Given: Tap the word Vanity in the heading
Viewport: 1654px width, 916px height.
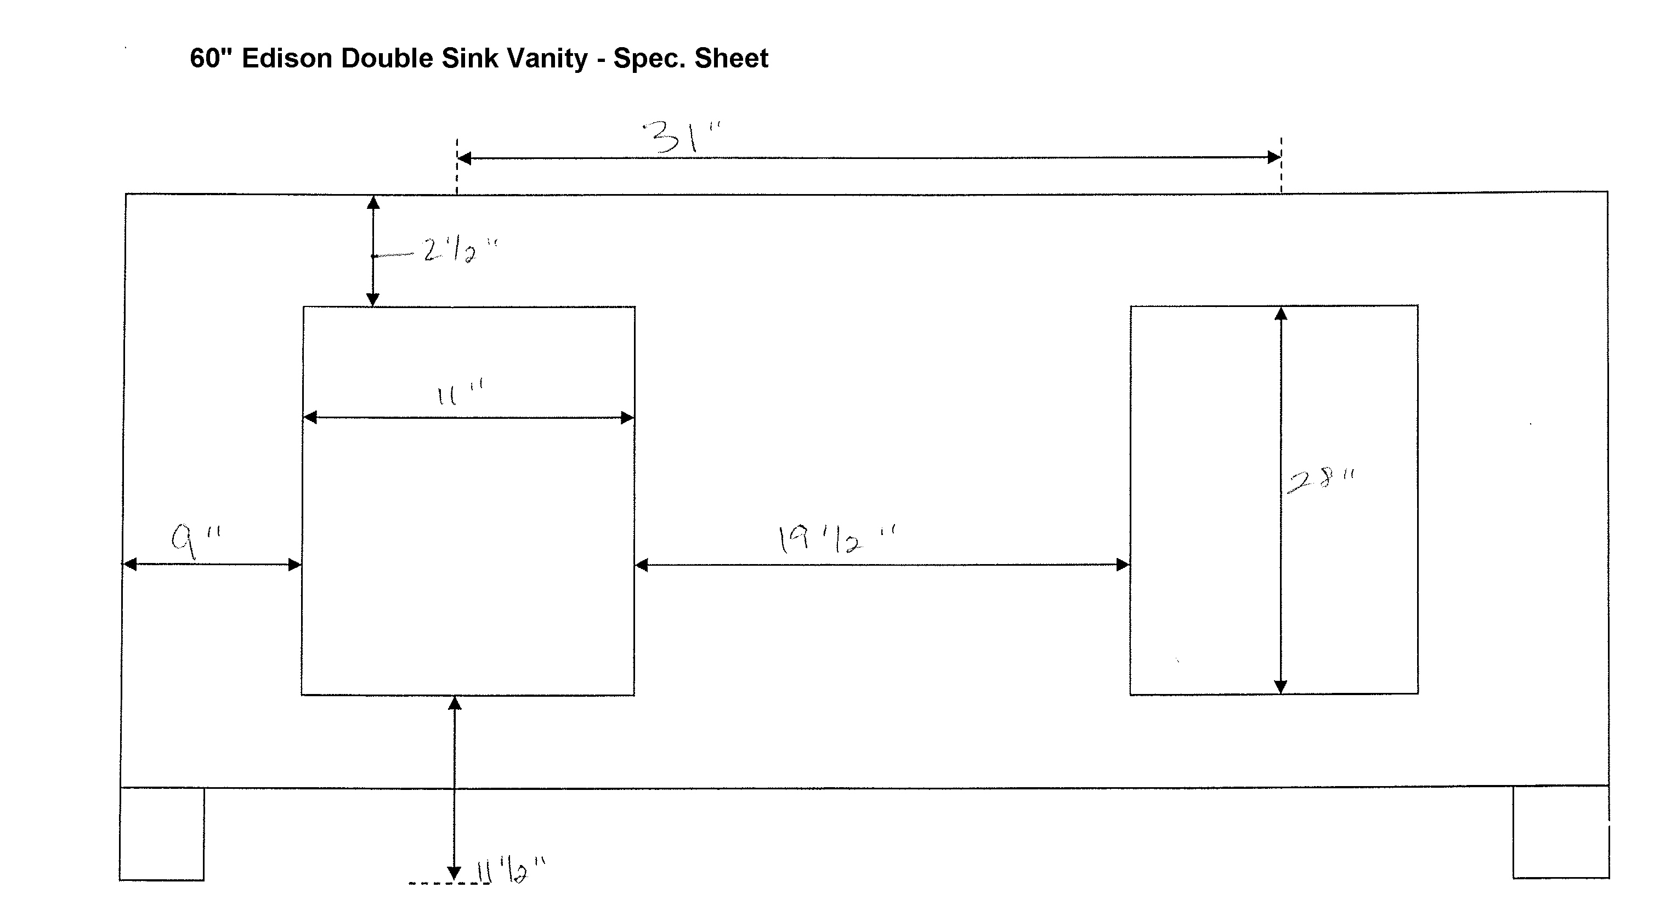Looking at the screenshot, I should [x=547, y=59].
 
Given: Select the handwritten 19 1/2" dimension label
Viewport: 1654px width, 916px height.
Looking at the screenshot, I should [x=836, y=540].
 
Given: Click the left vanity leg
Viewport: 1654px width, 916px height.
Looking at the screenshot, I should [x=162, y=833].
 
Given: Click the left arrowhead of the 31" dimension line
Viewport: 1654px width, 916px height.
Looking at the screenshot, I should [x=464, y=158].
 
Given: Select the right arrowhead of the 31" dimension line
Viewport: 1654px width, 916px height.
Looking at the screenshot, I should [x=1275, y=157].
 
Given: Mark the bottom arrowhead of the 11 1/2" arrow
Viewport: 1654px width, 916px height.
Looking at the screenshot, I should [x=454, y=873].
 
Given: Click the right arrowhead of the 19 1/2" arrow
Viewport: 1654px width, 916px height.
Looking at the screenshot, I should [x=1123, y=565].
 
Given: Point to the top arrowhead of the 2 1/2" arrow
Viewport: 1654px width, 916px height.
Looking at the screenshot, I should [x=373, y=203].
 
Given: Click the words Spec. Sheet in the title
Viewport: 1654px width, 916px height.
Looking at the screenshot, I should [x=691, y=59].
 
